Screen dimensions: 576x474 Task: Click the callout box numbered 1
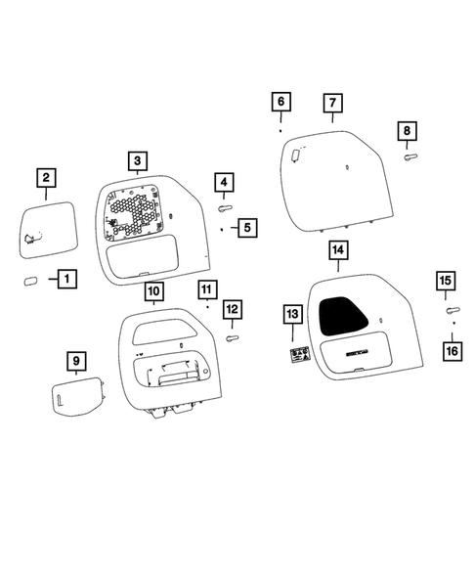66,280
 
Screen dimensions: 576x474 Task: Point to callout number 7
331,103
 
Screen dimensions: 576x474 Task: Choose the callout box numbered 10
152,290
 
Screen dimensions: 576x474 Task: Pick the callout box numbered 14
338,251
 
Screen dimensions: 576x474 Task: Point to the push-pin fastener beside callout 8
409,155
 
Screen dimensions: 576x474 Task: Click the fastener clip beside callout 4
225,207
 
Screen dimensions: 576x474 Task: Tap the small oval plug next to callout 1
30,281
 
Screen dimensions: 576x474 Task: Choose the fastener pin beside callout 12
233,337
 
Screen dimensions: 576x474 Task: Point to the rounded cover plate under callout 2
47,230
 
